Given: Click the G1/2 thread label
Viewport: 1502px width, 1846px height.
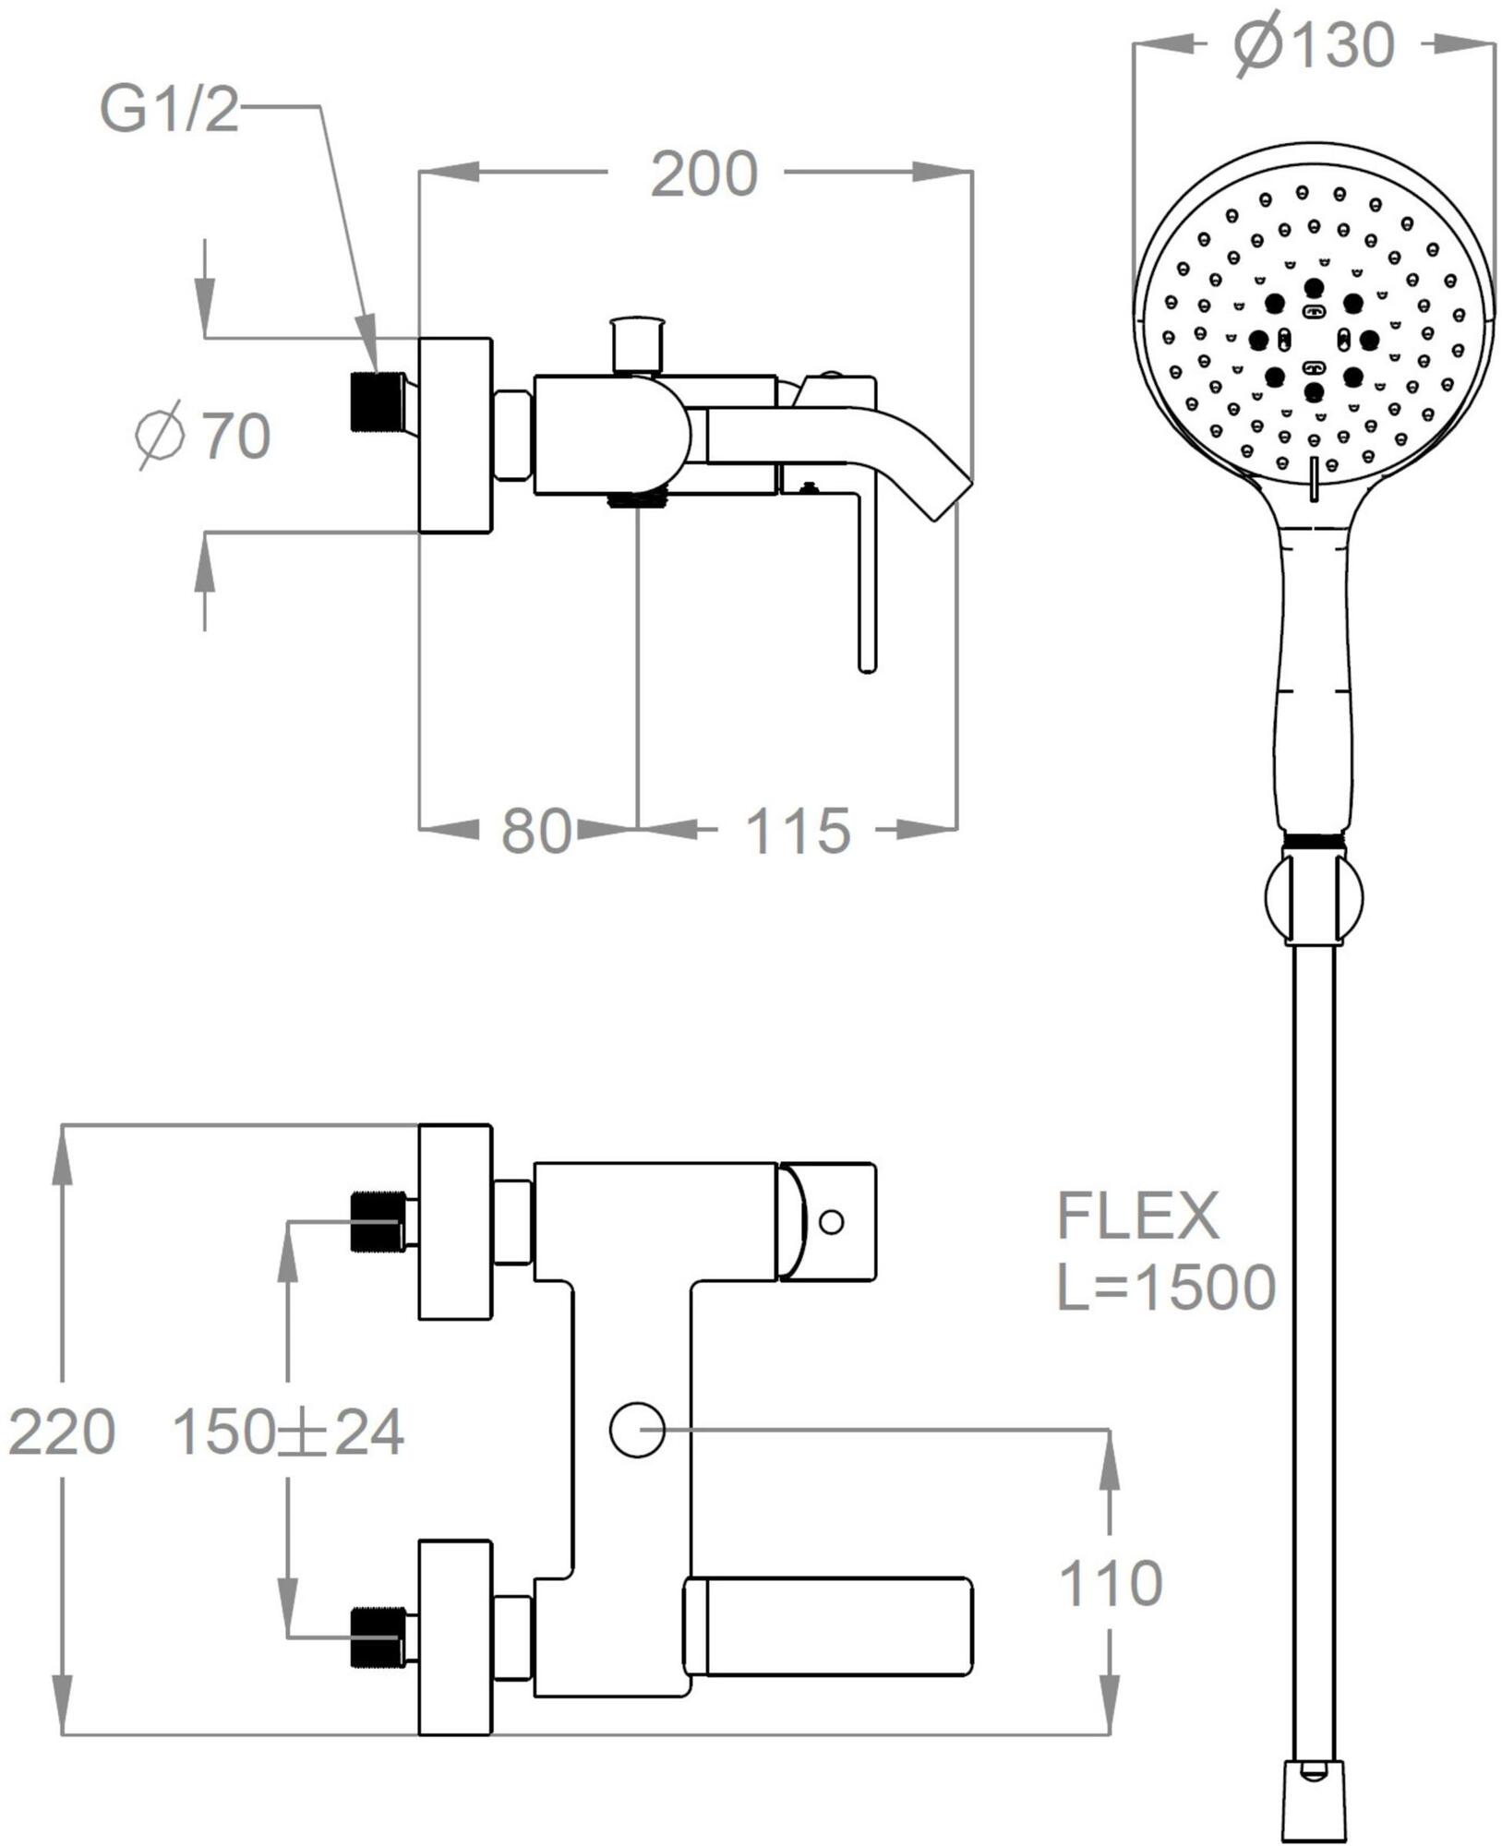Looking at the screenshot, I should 169,110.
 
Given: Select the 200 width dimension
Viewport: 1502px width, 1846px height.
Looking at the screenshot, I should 703,174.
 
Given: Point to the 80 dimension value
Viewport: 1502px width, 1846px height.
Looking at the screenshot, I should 535,831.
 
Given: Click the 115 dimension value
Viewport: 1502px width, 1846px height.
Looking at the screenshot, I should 797,831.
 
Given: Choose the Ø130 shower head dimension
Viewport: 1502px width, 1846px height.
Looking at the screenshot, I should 1314,44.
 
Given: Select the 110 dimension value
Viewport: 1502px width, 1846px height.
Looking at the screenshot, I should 1110,1583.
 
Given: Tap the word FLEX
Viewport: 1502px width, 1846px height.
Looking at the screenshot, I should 1137,1216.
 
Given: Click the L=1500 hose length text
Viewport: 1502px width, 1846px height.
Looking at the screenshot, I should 1165,1288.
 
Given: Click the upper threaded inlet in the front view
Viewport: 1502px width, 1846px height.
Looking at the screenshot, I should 377,1222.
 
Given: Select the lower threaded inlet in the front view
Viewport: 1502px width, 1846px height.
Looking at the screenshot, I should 377,1638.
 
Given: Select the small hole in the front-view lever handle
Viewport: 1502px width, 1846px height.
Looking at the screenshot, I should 831,1222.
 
